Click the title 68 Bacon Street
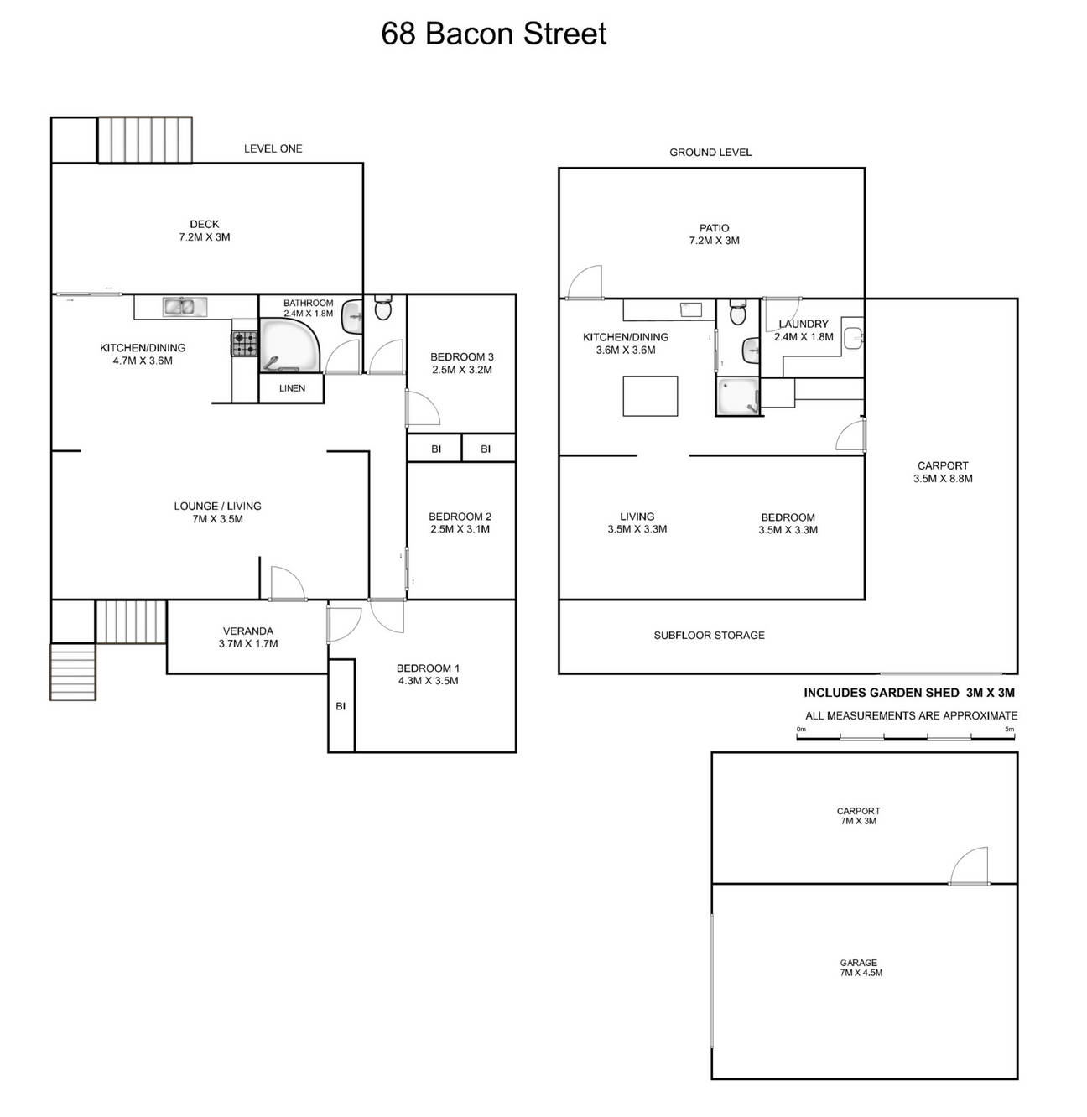point(493,34)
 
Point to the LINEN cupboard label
point(292,388)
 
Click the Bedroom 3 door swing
point(423,408)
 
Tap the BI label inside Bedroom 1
point(341,706)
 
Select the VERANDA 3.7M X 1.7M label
point(247,637)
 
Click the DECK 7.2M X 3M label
point(204,231)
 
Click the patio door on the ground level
point(585,283)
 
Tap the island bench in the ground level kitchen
point(650,396)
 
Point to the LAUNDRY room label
point(803,330)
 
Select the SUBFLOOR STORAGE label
point(709,636)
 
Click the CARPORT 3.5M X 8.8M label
point(942,472)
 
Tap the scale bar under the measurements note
point(906,738)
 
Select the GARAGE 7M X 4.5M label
point(859,968)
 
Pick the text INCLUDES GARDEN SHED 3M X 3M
point(909,693)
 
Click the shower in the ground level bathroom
point(737,397)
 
